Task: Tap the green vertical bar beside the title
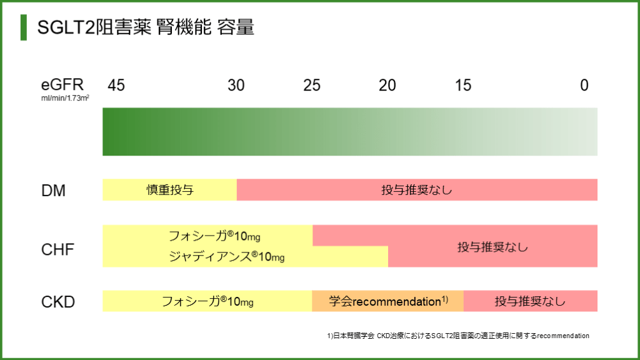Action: click(24, 28)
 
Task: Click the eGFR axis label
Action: click(62, 84)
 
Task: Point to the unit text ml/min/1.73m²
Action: click(65, 98)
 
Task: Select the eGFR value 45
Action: click(116, 85)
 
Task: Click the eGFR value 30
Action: click(236, 85)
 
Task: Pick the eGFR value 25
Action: click(312, 85)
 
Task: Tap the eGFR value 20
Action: click(387, 85)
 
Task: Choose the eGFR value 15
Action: click(463, 85)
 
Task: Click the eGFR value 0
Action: click(584, 85)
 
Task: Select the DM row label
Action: click(53, 191)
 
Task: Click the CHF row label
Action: click(57, 251)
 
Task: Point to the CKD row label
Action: click(58, 302)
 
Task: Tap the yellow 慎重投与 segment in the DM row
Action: click(169, 190)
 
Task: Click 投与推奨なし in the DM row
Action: click(417, 190)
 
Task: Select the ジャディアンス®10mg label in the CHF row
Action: click(226, 257)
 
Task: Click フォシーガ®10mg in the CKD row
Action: click(207, 301)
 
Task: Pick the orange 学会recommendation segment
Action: click(387, 301)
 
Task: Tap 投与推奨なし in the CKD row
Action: click(530, 301)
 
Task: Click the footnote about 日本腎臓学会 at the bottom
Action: click(457, 336)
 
